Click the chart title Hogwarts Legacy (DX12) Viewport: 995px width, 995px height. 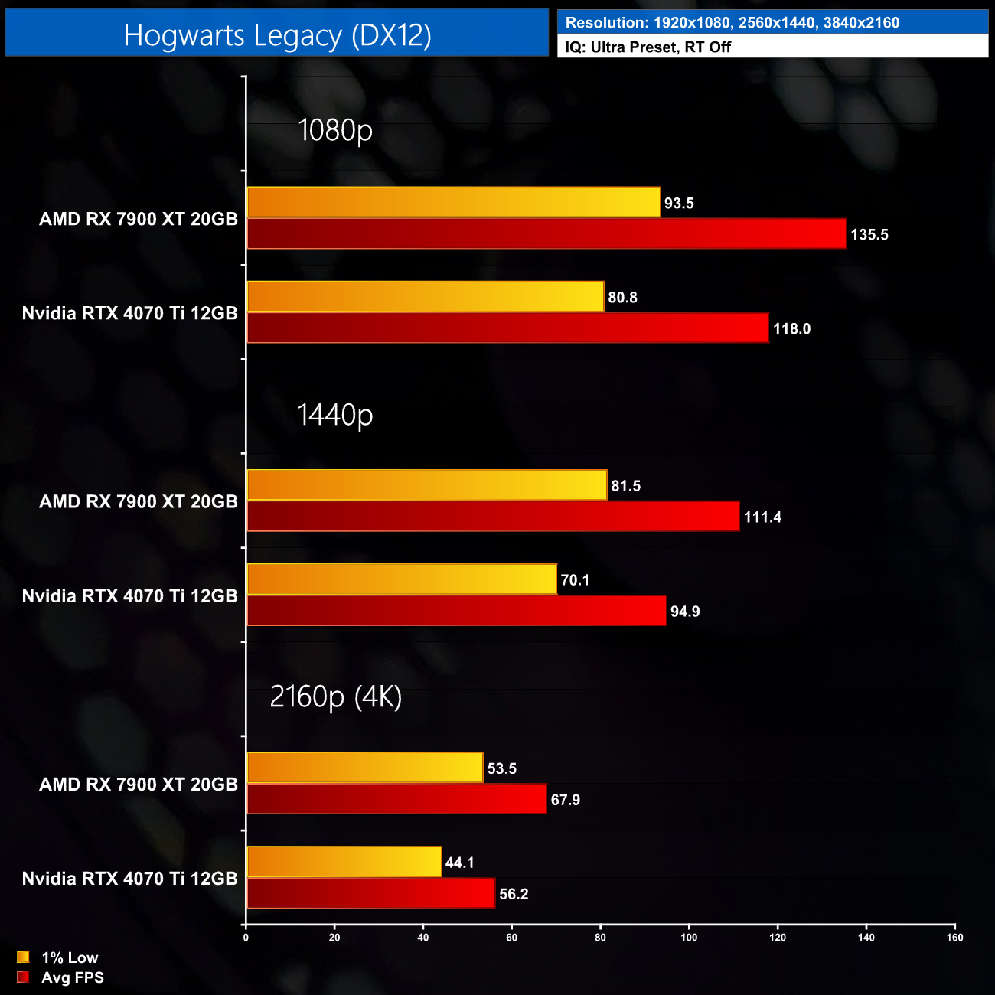(277, 35)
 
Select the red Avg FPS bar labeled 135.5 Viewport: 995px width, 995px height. (546, 234)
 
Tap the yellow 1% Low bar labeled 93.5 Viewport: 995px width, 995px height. (453, 203)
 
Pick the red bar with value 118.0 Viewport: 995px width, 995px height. (507, 328)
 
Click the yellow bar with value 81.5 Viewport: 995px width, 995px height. (427, 485)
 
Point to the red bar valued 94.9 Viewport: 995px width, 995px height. (456, 611)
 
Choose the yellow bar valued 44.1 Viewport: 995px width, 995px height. (344, 862)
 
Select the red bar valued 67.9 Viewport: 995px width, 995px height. (396, 799)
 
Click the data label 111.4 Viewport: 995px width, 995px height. (762, 517)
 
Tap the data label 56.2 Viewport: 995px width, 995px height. (514, 894)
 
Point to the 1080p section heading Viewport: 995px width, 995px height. (335, 130)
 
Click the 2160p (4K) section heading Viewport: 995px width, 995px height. (335, 696)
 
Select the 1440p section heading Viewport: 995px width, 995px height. (335, 414)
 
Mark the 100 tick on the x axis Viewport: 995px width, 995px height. (689, 938)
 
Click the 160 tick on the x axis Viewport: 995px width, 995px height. (954, 938)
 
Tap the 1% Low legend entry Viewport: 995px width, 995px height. (59, 957)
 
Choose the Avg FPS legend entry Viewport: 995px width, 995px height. (61, 977)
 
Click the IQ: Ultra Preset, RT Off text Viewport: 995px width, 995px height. (648, 47)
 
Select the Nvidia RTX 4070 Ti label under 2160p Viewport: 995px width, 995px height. (130, 879)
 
